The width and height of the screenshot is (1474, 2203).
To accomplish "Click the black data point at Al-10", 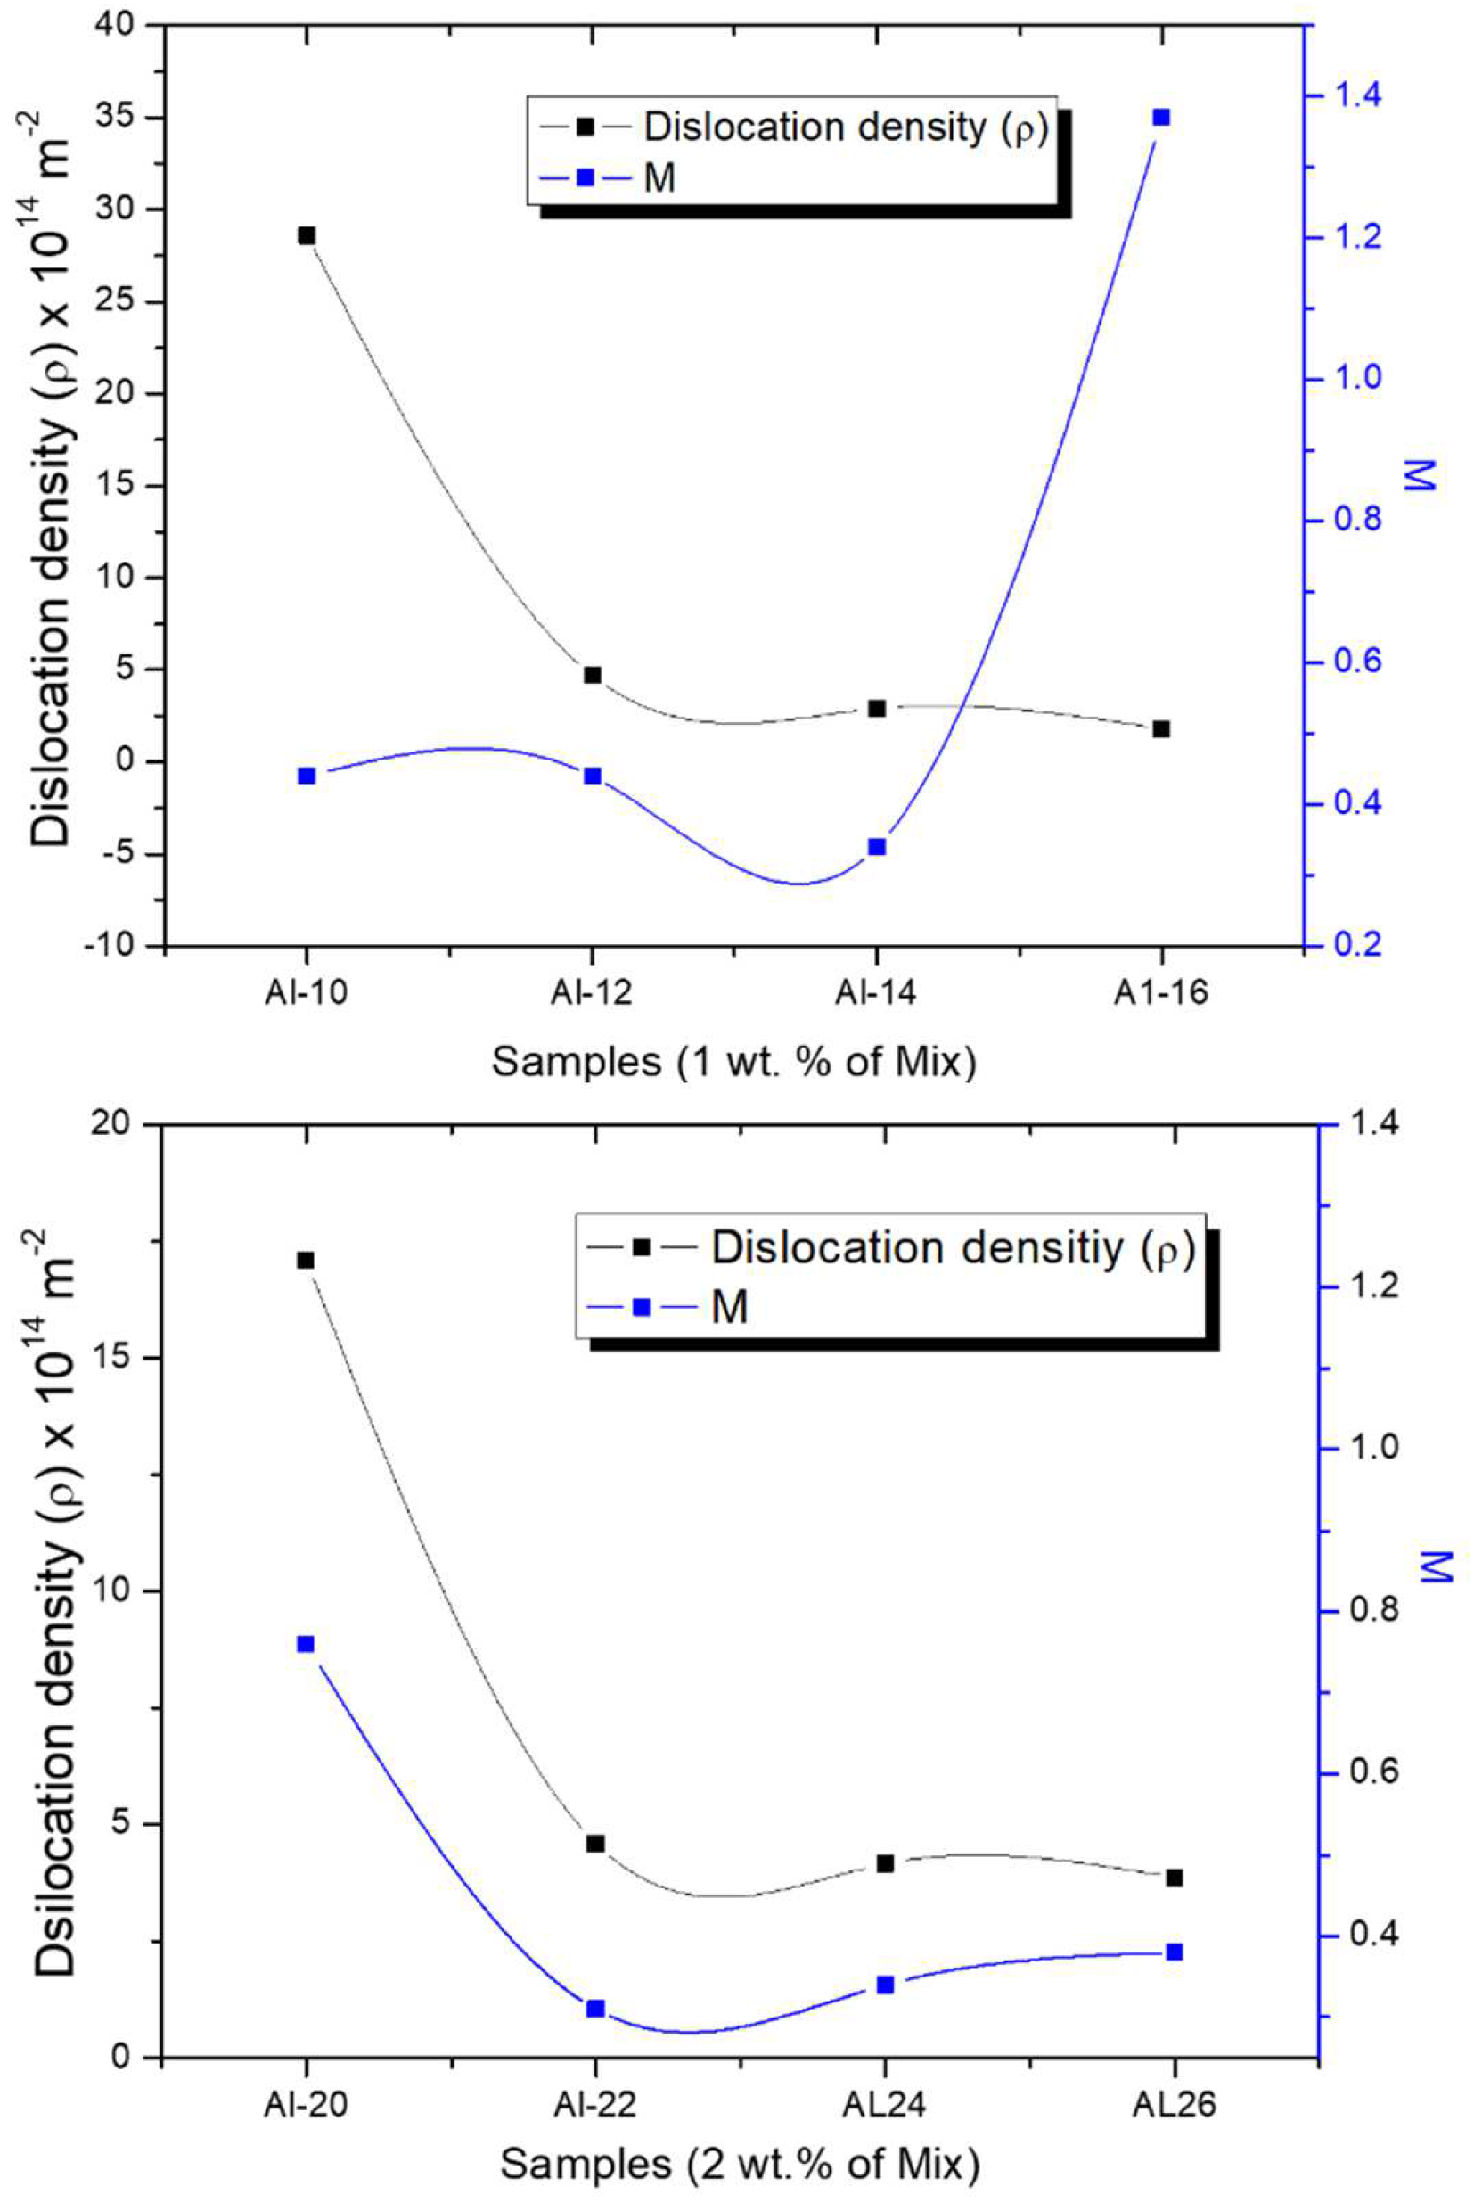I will (307, 235).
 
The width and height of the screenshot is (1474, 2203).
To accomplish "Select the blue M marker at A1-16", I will (1161, 118).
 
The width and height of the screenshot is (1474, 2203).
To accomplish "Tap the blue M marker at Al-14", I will (877, 846).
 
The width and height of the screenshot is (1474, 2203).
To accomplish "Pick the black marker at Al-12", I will (593, 675).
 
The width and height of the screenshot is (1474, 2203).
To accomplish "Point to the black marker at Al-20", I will (306, 1260).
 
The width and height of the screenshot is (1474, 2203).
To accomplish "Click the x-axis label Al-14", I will (876, 995).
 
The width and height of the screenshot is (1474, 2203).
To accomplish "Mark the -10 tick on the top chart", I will (111, 947).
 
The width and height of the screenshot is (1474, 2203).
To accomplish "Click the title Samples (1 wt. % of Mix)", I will (733, 1063).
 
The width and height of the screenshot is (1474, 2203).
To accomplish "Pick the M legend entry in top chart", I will (658, 177).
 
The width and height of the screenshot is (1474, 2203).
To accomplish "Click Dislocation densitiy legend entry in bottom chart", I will (949, 1247).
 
